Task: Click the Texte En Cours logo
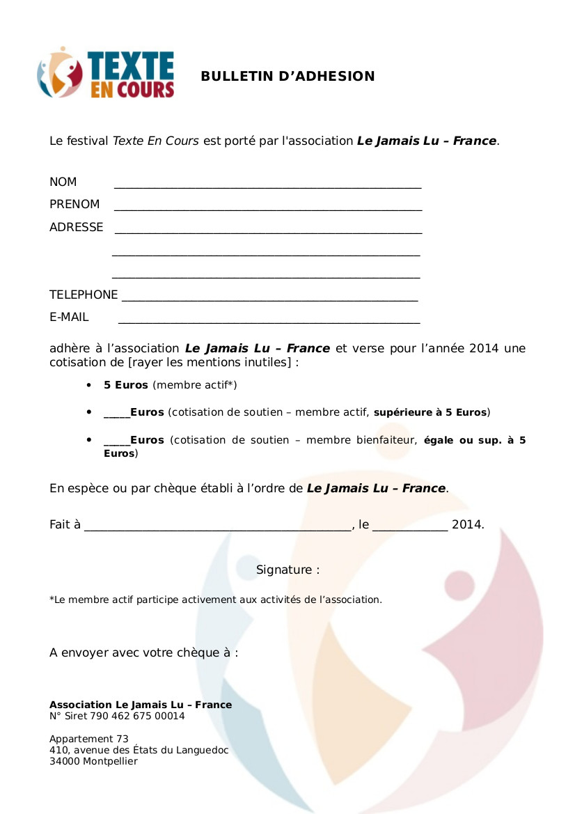tap(106, 73)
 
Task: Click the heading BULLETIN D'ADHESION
tap(287, 77)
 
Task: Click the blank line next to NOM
tap(267, 185)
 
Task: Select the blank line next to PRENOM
tap(267, 207)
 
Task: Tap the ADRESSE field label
tap(76, 227)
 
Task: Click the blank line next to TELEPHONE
tap(269, 298)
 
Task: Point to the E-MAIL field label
tap(69, 317)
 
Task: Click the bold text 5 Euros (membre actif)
tap(126, 385)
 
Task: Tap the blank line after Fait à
tap(218, 528)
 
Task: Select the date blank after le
tap(410, 528)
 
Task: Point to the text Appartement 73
tap(88, 739)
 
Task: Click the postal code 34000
tap(64, 761)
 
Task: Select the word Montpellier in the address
tap(110, 761)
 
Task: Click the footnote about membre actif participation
tap(216, 600)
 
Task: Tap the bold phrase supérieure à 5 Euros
tap(430, 412)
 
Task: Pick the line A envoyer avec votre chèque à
tap(143, 652)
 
